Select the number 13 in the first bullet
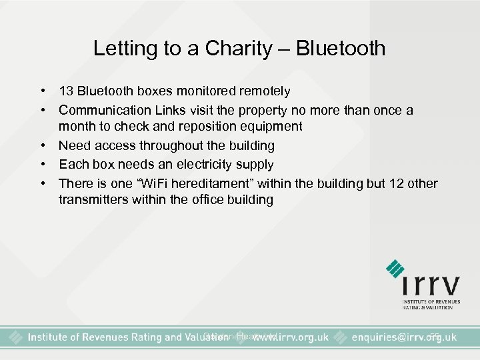(x=65, y=91)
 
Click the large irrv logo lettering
(x=431, y=285)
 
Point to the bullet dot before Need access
(x=43, y=145)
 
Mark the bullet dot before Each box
(x=43, y=164)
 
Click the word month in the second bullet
(x=75, y=127)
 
